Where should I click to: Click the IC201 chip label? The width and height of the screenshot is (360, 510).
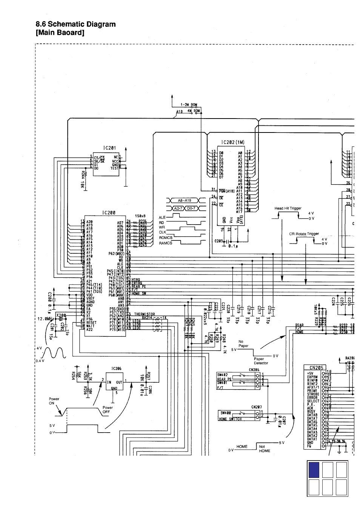(109, 148)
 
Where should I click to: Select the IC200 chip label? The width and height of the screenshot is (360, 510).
(109, 213)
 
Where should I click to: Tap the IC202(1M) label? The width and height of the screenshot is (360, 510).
(232, 143)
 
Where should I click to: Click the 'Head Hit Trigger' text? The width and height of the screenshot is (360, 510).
(288, 208)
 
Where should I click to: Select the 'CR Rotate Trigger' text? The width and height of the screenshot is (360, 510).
(304, 234)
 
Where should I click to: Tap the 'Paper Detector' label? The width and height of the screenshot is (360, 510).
(261, 361)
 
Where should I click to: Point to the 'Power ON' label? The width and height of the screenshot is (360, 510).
(54, 401)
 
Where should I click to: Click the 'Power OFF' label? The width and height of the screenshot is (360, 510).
(108, 410)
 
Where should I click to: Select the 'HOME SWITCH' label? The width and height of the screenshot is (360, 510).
(230, 419)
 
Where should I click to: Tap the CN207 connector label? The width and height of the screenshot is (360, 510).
(256, 407)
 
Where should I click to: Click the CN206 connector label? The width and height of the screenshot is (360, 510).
(254, 370)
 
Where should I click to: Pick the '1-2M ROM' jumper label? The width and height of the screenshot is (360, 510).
(189, 105)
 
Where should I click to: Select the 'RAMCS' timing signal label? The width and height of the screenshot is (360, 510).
(165, 243)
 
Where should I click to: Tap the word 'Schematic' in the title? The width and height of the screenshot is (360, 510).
(70, 24)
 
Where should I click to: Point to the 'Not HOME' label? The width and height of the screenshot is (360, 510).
(265, 448)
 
